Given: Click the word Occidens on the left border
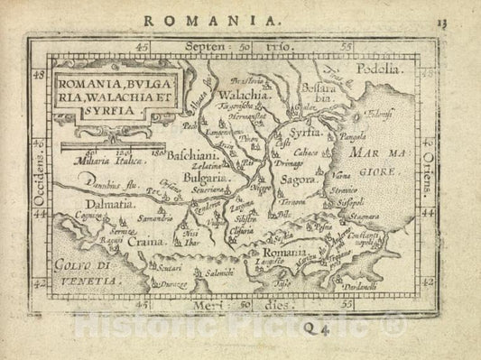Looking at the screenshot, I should (x=37, y=169).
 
